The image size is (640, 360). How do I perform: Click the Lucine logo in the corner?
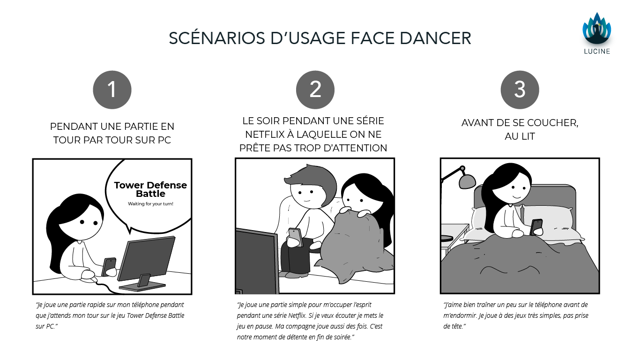point(597,33)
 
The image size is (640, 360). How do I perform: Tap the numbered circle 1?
point(112,90)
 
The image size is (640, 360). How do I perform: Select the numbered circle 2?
point(315,90)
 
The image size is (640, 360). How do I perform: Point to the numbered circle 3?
point(520,90)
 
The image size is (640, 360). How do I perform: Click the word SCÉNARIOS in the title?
point(217,38)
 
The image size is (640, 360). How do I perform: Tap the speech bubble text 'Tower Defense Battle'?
point(150,189)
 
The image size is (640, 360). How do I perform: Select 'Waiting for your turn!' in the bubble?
point(150,204)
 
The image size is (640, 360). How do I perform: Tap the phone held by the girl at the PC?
point(109,266)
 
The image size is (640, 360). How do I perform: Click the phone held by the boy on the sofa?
point(296,237)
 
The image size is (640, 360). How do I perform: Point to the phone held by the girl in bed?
point(536,227)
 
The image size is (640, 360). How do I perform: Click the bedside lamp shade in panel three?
point(467,181)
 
